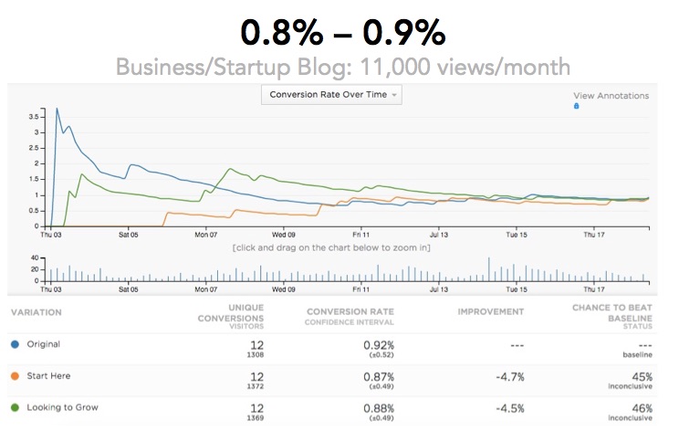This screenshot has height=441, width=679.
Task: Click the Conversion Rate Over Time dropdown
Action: point(330,94)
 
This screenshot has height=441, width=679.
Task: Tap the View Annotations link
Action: point(611,95)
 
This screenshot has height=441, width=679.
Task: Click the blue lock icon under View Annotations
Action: point(576,106)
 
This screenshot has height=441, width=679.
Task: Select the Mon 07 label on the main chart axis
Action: point(206,235)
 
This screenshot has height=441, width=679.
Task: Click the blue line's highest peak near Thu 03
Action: point(57,109)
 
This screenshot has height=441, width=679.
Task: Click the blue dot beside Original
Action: point(15,344)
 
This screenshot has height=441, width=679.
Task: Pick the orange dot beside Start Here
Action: point(15,375)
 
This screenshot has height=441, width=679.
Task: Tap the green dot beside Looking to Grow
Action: point(15,407)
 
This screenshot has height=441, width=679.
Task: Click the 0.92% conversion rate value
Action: point(377,343)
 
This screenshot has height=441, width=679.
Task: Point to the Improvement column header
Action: point(490,311)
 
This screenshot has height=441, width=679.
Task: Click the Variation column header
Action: point(37,311)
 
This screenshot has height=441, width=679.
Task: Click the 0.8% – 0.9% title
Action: point(342,34)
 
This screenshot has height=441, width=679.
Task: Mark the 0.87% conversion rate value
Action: point(377,375)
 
